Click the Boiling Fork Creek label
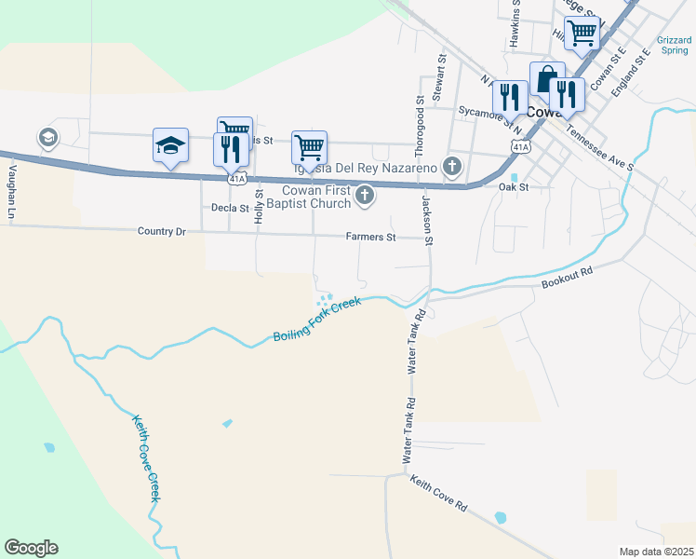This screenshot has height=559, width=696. [x=316, y=320]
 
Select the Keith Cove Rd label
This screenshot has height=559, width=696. [x=438, y=492]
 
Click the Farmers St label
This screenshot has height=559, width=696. [x=371, y=238]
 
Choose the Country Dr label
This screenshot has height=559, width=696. [x=161, y=231]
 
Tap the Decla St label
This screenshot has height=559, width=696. [x=231, y=208]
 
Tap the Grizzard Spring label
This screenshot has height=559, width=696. [x=674, y=45]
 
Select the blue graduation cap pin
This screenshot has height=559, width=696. [x=170, y=145]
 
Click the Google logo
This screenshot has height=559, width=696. [x=31, y=548]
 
